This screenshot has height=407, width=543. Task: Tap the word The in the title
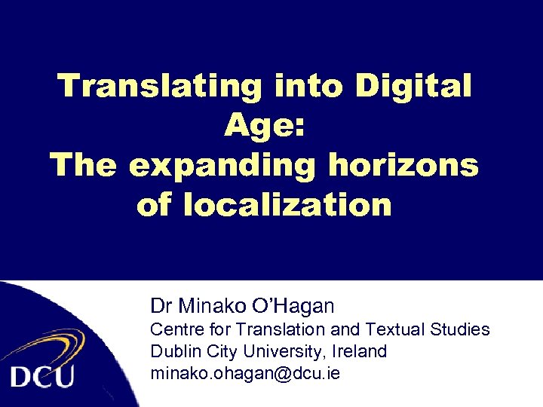pyautogui.click(x=84, y=164)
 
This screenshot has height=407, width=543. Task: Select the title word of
pyautogui.click(x=155, y=204)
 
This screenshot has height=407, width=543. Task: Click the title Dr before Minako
pyautogui.click(x=161, y=306)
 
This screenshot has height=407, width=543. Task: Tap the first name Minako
pyautogui.click(x=214, y=306)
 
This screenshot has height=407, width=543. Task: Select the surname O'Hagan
pyautogui.click(x=296, y=306)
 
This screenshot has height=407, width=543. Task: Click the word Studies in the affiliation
pyautogui.click(x=460, y=330)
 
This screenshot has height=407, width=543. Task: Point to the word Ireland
pyautogui.click(x=357, y=351)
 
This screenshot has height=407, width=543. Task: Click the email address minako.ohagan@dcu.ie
pyautogui.click(x=245, y=372)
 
